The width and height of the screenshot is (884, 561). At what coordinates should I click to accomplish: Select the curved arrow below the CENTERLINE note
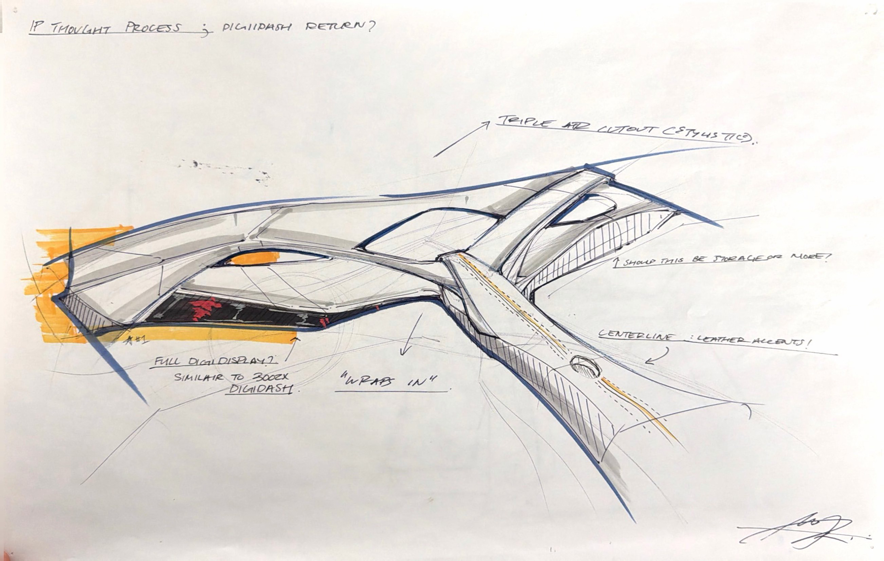pyautogui.click(x=657, y=356)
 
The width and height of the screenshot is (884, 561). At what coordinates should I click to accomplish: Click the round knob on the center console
pyautogui.click(x=585, y=366)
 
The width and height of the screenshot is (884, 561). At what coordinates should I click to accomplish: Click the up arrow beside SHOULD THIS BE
pyautogui.click(x=616, y=263)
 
